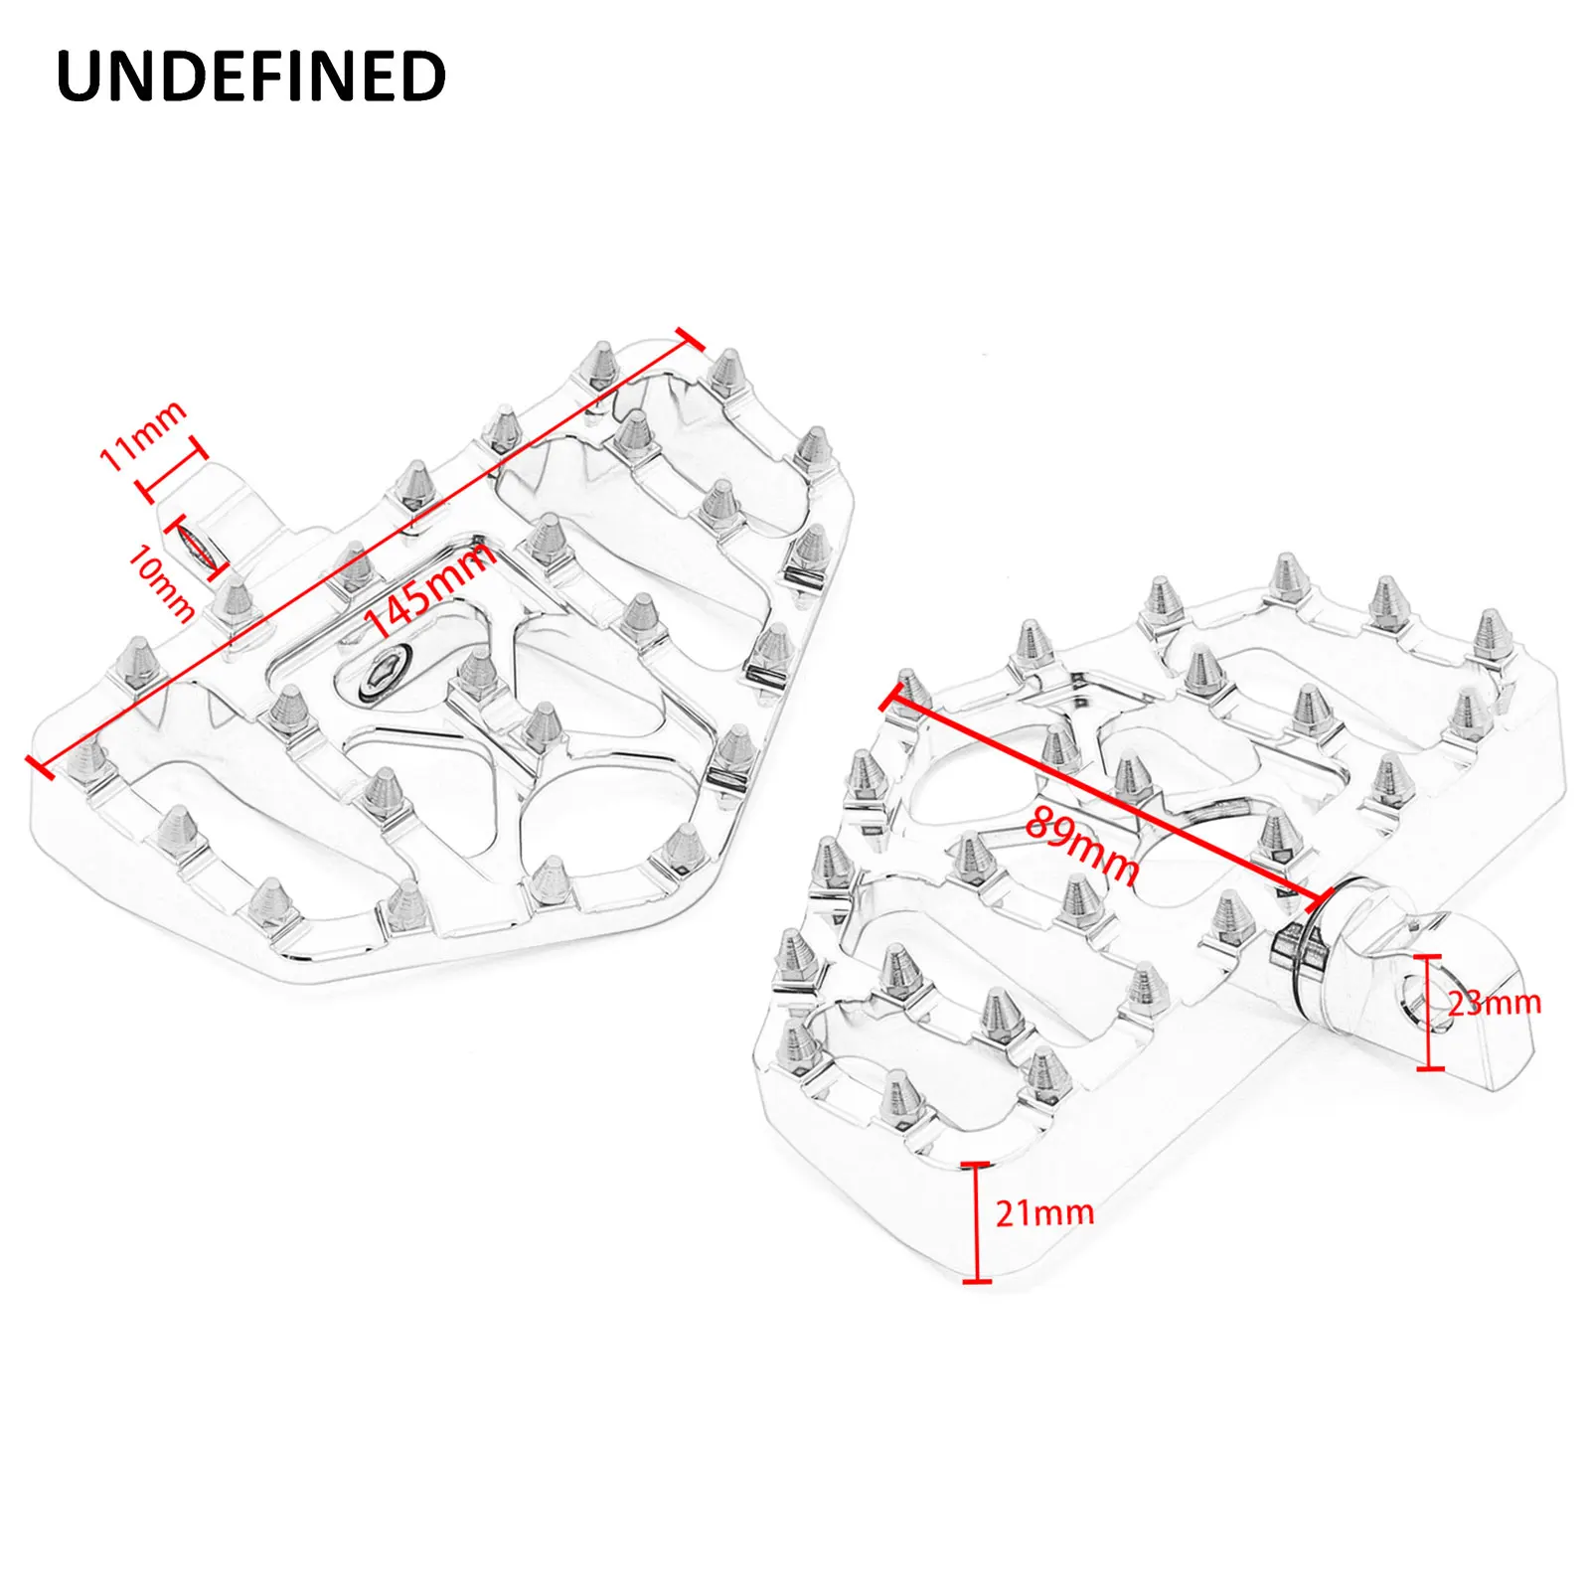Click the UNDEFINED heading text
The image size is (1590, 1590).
(251, 77)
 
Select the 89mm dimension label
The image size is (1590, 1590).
(1082, 844)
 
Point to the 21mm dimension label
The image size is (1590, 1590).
(1044, 1212)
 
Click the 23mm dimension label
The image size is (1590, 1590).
(1494, 1003)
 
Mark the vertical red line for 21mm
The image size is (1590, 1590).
(977, 1222)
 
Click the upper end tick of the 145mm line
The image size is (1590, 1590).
(690, 339)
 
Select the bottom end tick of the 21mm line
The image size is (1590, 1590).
(977, 1281)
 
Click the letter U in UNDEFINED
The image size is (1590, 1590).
(79, 77)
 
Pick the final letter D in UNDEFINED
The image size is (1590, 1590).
(424, 77)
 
